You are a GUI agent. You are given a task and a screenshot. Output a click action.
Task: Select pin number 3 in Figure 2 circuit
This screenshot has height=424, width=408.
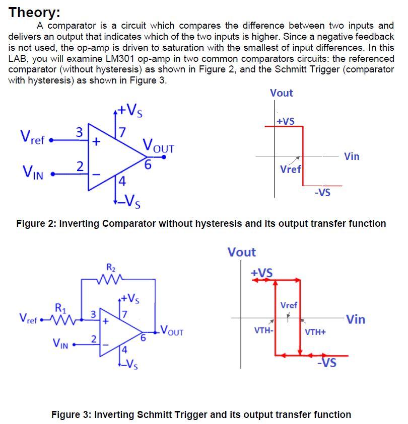click(79, 132)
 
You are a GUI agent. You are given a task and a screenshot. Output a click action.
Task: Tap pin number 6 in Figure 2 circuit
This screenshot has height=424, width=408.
click(148, 164)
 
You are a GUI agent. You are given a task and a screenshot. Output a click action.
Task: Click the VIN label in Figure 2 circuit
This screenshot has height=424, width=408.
click(32, 174)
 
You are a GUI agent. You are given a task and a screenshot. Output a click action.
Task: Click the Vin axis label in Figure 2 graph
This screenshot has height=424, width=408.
click(352, 156)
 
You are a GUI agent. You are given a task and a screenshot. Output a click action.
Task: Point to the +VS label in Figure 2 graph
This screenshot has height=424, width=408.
click(286, 121)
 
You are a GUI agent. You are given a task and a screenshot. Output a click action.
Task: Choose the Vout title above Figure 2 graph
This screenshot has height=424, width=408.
click(281, 93)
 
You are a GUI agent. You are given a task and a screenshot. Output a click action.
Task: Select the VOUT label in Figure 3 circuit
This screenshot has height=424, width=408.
click(172, 332)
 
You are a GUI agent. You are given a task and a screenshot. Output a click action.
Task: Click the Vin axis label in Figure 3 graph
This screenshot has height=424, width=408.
click(356, 319)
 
